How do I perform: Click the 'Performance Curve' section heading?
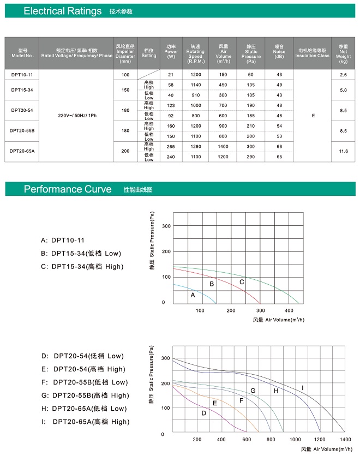pyautogui.click(x=68, y=189)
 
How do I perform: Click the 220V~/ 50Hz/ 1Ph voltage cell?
pyautogui.click(x=76, y=116)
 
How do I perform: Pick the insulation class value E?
pyautogui.click(x=313, y=116)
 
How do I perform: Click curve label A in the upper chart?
pyautogui.click(x=193, y=295)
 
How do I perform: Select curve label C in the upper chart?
pyautogui.click(x=242, y=281)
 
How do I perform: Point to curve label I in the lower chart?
pyautogui.click(x=303, y=388)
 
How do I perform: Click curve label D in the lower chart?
pyautogui.click(x=203, y=412)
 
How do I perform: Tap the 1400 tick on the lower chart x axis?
pyautogui.click(x=345, y=439)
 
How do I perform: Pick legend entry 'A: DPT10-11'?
pyautogui.click(x=63, y=240)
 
